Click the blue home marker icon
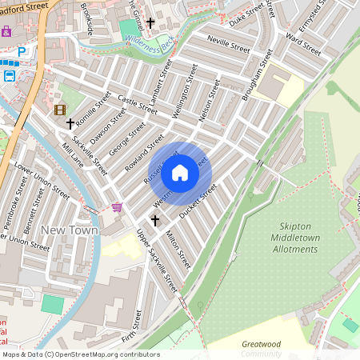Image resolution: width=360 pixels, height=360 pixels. pos(180,173)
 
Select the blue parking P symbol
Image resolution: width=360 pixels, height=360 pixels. pos(22,51)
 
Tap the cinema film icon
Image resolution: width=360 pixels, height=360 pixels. pos(59,110)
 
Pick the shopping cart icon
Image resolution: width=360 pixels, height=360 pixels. pos(118,207)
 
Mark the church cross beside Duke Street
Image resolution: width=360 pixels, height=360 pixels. pos(150,24)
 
